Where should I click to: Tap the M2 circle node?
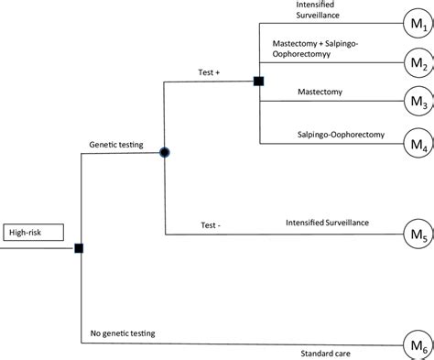417,62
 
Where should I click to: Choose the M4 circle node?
417,144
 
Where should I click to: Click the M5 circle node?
417,235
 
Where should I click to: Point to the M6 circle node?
417,344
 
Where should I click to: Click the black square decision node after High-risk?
79,248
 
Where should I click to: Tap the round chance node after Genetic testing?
164,152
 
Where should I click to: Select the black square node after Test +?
259,82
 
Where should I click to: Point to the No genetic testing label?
124,333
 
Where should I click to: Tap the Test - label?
212,225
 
